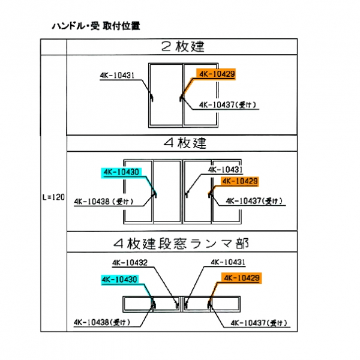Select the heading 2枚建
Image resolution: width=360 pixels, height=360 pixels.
183,46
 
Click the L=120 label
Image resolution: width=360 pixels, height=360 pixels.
53,197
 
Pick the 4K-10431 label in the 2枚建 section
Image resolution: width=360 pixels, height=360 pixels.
117,76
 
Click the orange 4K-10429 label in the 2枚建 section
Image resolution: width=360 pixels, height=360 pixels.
215,75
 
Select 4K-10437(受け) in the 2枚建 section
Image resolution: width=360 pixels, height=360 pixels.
227,104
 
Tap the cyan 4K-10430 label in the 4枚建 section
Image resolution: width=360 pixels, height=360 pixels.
121,172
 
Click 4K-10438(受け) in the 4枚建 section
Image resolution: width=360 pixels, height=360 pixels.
104,202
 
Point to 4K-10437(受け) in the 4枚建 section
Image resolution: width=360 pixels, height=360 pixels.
254,202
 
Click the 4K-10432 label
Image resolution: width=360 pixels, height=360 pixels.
130,262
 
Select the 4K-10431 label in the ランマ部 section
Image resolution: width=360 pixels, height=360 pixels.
227,262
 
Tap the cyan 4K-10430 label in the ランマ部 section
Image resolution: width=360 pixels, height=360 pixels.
120,279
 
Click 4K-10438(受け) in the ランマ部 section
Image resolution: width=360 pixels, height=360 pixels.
100,322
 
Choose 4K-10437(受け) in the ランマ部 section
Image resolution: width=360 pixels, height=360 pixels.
259,323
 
